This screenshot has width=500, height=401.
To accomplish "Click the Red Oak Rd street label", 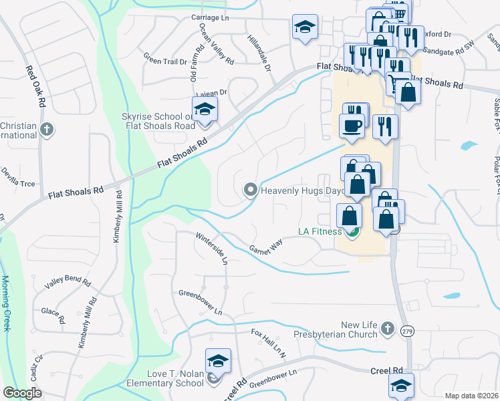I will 35,86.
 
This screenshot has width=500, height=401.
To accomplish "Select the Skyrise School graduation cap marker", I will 205,111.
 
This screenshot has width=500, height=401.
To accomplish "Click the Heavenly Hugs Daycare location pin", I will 251,190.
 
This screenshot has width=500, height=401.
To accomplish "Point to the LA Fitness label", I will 320,233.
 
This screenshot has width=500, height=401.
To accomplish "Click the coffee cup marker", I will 352,126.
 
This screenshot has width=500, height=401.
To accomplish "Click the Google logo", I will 22,393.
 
